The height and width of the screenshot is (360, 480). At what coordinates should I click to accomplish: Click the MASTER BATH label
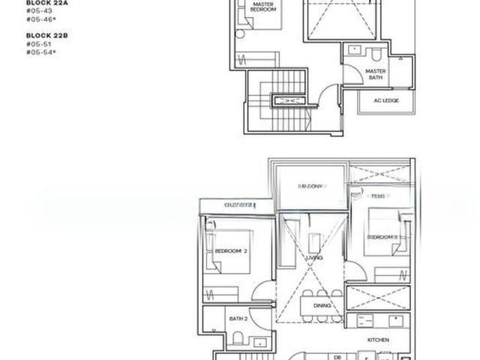[375, 74]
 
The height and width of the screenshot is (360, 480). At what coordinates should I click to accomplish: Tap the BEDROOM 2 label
[231, 251]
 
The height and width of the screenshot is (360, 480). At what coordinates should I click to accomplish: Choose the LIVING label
[314, 258]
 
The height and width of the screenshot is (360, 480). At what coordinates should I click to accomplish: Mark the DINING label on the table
[322, 306]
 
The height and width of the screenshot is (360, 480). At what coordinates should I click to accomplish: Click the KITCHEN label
[377, 340]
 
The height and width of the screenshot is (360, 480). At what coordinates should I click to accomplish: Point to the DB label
[337, 357]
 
